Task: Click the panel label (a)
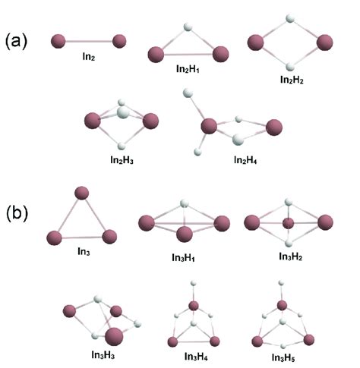coord(20,40)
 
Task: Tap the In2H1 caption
coord(187,78)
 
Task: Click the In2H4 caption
coord(239,160)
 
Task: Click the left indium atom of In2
coord(58,41)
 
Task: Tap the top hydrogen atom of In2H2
coord(289,18)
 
